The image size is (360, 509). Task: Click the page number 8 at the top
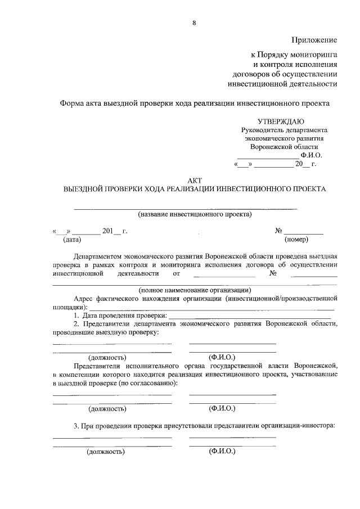pos(195,22)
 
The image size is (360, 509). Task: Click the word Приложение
pos(314,40)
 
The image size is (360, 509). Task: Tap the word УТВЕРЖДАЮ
pos(281,121)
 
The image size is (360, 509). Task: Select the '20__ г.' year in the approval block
pos(306,165)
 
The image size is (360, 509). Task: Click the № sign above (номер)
pos(278,231)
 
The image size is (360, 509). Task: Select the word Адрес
pos(84,299)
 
